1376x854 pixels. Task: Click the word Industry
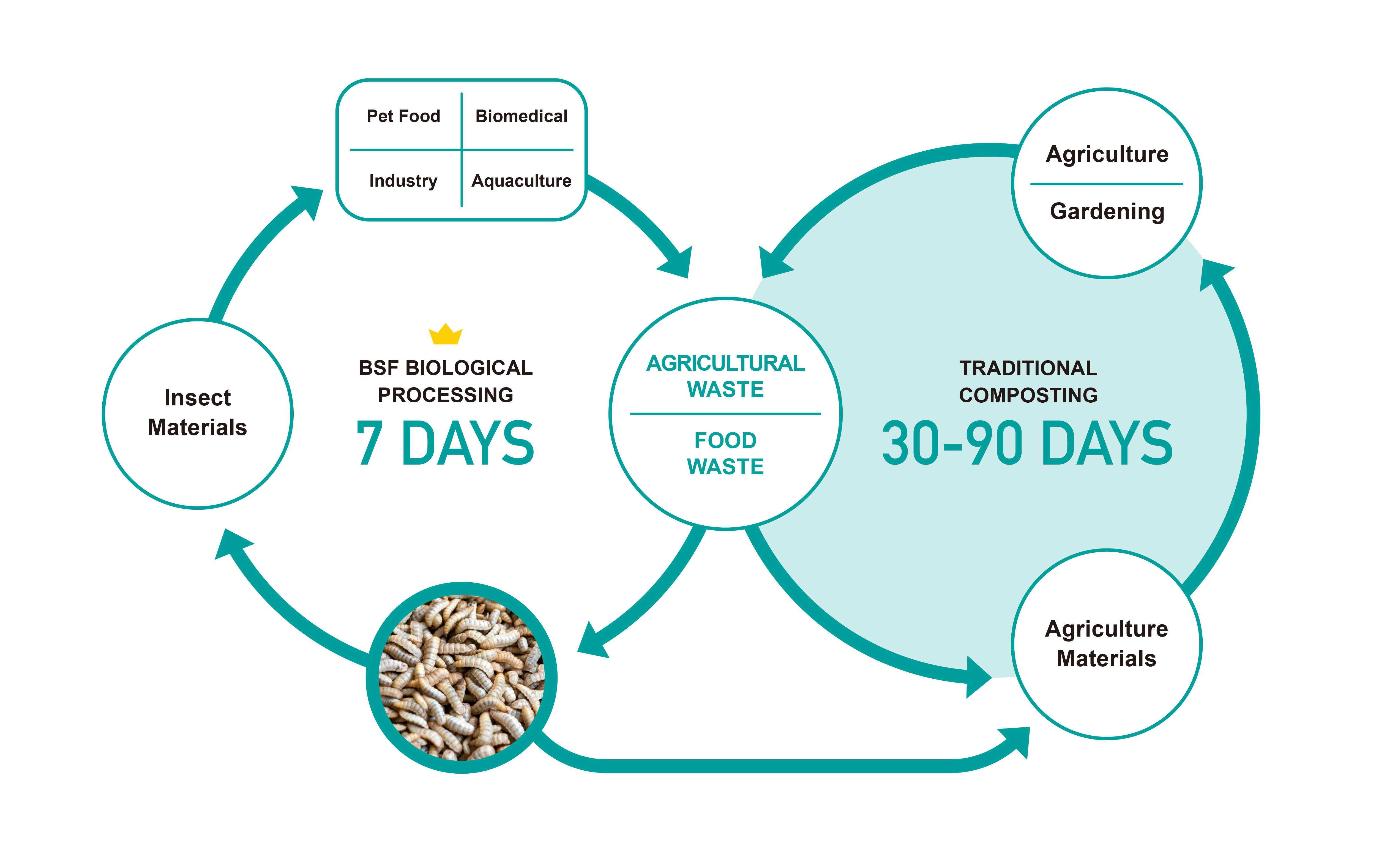coord(403,181)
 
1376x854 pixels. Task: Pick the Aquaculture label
coord(521,181)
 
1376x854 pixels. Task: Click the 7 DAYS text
coord(445,443)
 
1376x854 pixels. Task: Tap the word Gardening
coord(1107,211)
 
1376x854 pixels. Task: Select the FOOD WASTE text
coord(725,453)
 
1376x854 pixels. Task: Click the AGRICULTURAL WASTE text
coord(725,376)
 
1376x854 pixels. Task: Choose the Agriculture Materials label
coord(1107,644)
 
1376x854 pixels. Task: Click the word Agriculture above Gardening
coord(1107,154)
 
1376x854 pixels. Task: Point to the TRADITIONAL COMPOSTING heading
coord(1028,381)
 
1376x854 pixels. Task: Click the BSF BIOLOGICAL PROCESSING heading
coord(446,381)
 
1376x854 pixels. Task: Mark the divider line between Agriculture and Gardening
coord(1107,184)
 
